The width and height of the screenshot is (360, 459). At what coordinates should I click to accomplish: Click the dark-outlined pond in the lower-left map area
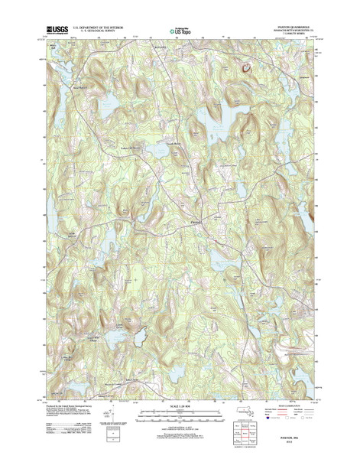pyautogui.click(x=139, y=335)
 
